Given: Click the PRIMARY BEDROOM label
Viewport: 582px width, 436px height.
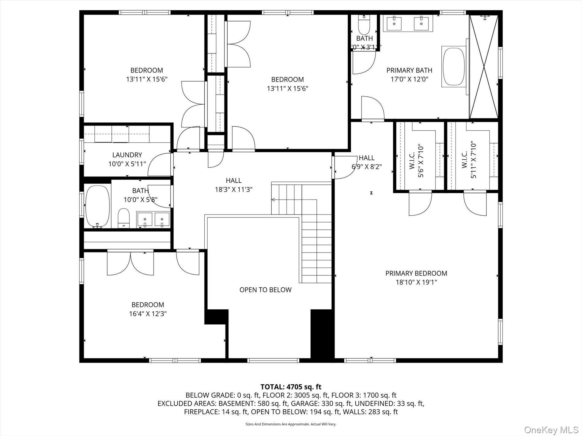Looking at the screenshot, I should (416, 273).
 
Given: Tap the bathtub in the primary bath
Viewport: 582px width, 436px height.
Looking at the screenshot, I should (454, 67).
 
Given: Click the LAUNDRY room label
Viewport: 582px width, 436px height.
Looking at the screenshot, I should (127, 155).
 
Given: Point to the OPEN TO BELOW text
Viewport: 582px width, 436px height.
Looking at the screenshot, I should (265, 290).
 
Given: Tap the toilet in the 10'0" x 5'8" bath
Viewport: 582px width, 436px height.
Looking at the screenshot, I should (124, 218).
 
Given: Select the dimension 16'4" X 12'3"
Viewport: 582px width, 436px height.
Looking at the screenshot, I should (148, 314).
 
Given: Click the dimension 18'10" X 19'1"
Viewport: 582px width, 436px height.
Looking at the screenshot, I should (416, 282).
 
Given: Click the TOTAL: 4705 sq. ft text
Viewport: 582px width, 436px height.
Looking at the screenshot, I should (291, 387).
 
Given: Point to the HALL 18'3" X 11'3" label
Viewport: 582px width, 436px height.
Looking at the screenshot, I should (233, 185).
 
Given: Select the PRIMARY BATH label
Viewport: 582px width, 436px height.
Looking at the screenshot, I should (409, 70).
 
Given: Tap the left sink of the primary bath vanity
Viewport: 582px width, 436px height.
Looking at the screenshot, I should (394, 24).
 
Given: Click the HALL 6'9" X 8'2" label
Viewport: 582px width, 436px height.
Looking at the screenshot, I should (366, 162).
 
